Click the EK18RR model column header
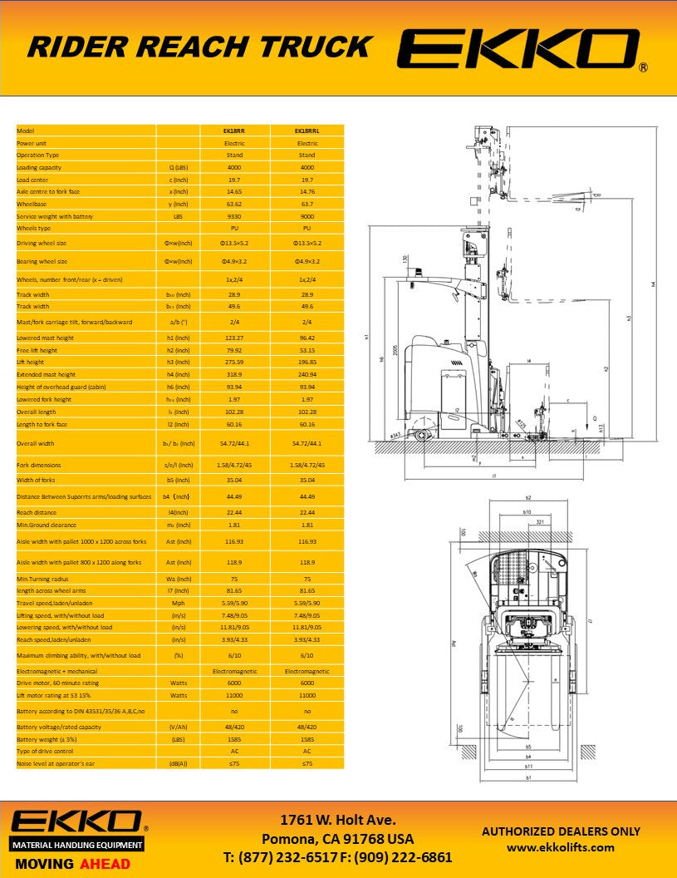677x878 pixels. [x=233, y=131]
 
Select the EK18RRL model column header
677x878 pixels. [x=307, y=131]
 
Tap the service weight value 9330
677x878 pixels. [x=233, y=216]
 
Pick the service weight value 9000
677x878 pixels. [x=307, y=216]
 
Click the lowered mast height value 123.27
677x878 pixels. [x=233, y=338]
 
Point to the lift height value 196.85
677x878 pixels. [x=307, y=363]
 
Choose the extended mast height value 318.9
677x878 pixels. [x=233, y=375]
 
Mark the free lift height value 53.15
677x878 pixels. [x=307, y=350]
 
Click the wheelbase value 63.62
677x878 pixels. [x=233, y=204]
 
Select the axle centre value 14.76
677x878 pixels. [x=307, y=191]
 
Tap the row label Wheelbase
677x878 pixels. [x=32, y=204]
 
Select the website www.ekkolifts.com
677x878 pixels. [x=561, y=847]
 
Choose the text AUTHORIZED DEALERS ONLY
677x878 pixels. [x=561, y=831]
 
